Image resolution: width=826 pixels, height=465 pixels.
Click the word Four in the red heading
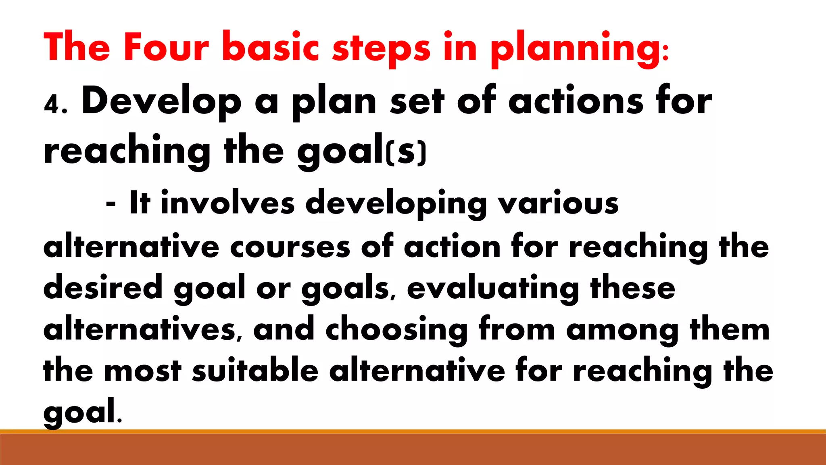pos(166,47)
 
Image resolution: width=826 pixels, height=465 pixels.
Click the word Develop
pos(161,102)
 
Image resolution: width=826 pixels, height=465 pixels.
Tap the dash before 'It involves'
pos(111,204)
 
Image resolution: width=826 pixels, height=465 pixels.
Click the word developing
pos(396,204)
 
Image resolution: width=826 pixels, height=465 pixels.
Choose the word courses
pos(290,247)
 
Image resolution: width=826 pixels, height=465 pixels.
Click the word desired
pos(102,287)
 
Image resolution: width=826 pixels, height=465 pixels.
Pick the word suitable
pos(255,370)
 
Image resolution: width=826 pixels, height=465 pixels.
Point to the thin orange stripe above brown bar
pos(413,431)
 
